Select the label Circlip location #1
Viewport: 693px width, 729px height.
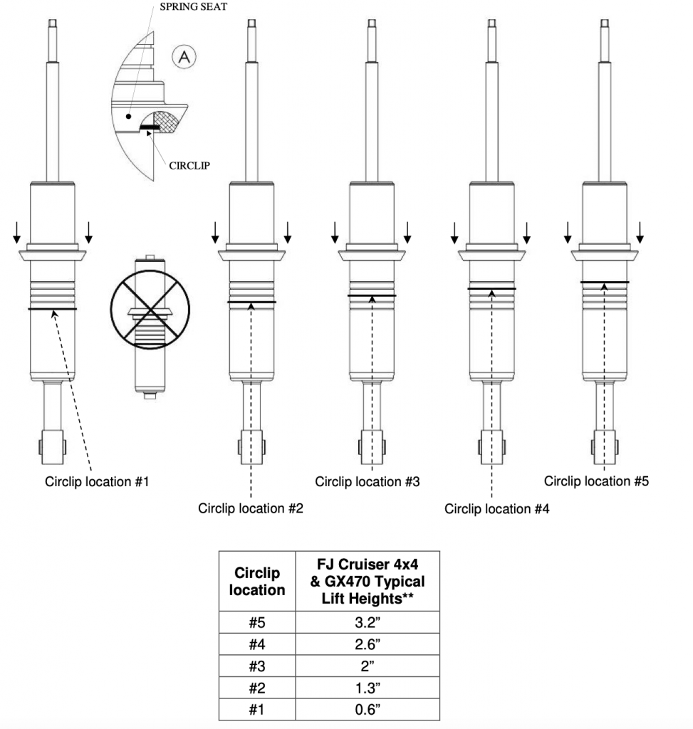[98, 482]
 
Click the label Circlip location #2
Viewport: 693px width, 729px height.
[251, 508]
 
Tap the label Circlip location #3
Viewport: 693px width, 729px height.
[368, 482]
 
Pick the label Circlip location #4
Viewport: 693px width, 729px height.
[497, 508]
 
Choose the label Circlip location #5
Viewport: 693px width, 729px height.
[596, 481]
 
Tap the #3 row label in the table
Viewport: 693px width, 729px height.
[256, 666]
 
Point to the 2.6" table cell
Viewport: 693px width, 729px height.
[368, 644]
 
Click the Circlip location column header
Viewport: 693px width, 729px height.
[256, 581]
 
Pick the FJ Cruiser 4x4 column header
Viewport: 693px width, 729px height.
[368, 581]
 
